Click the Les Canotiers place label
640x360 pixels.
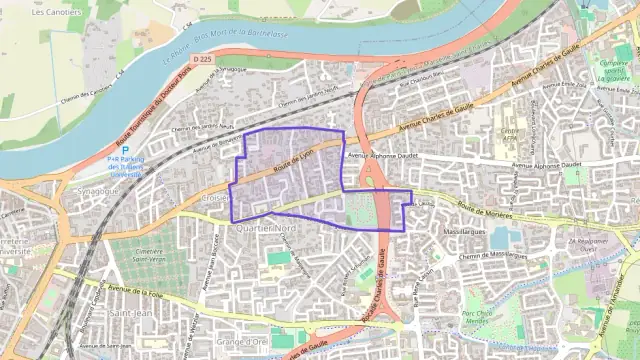[x=56, y=13]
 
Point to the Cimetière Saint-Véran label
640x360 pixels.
[x=148, y=258]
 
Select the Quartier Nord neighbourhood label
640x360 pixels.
[x=262, y=229]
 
